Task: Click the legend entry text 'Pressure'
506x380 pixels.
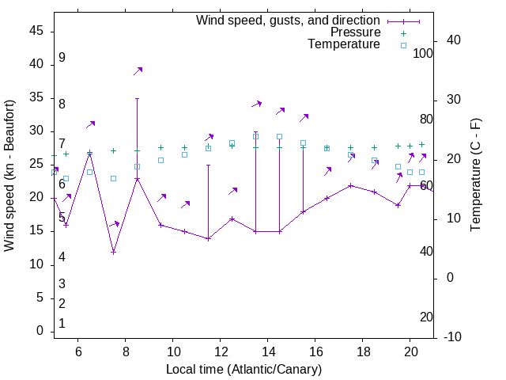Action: pos(355,32)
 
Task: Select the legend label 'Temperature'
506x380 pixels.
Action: pos(344,44)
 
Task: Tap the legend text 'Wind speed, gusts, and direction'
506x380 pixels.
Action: pos(288,20)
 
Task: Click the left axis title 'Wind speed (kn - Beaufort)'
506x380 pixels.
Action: pos(9,176)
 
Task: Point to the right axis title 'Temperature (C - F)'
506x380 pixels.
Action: pos(475,176)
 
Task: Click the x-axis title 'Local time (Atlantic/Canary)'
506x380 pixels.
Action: pos(244,370)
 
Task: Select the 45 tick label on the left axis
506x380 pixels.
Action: pos(36,31)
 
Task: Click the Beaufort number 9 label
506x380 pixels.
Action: pos(62,58)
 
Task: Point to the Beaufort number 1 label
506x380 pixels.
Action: pos(62,324)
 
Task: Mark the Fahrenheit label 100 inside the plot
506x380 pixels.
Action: pos(423,54)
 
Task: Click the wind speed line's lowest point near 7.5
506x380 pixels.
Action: pos(113,252)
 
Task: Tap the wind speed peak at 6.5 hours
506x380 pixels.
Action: pos(89,153)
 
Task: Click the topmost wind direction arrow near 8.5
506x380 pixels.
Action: pos(138,71)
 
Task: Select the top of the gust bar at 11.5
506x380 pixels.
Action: pos(208,165)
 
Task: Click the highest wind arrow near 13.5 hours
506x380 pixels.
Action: pos(256,104)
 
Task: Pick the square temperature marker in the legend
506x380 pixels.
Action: pos(403,45)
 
